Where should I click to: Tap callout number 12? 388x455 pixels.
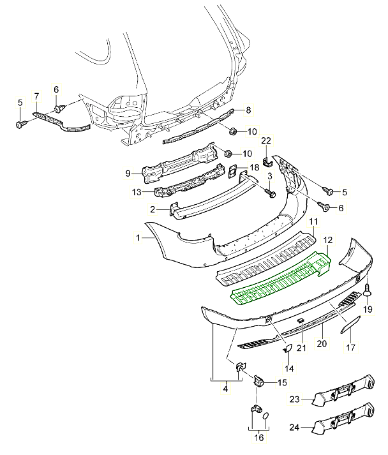tap(328, 240)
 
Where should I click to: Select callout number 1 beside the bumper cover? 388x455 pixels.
tap(137, 237)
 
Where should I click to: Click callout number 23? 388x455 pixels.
tap(294, 399)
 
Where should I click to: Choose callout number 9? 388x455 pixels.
tap(128, 172)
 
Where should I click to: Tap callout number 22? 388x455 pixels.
tap(266, 140)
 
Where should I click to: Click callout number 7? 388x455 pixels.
tap(36, 96)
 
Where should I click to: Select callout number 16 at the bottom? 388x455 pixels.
tap(258, 437)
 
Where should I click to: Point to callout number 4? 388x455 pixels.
tap(225, 387)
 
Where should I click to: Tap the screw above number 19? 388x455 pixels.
tap(368, 291)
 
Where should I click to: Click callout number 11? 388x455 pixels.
tap(313, 221)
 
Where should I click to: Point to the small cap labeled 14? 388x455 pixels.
tap(287, 348)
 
